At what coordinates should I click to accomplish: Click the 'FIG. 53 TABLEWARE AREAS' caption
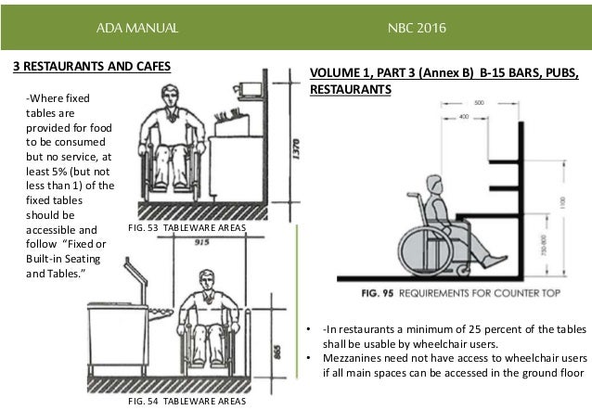(x=176, y=226)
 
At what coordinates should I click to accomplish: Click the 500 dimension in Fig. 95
(x=478, y=103)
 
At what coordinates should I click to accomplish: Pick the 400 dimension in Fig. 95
(x=464, y=117)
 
